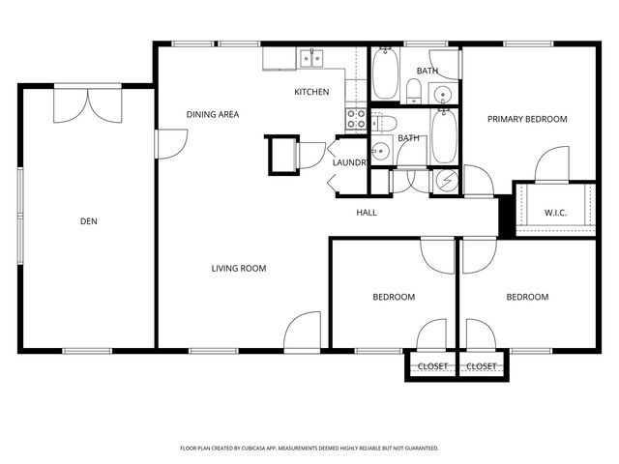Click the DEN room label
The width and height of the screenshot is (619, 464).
88,221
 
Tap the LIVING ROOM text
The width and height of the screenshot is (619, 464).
239,268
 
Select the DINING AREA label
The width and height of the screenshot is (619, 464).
213,115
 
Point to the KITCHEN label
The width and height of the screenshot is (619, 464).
311,92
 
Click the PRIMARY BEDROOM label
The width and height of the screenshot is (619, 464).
527,119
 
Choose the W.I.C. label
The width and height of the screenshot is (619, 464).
554,213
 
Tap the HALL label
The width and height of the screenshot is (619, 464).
367,213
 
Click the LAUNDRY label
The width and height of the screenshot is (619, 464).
348,162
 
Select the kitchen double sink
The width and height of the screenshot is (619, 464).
310,59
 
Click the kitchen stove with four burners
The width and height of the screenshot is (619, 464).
356,119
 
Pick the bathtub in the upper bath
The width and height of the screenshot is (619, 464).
385,75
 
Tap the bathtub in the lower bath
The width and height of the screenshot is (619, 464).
446,137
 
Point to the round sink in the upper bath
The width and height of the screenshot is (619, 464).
442,94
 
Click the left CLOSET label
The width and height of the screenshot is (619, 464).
431,366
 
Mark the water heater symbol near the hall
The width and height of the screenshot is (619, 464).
447,180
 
